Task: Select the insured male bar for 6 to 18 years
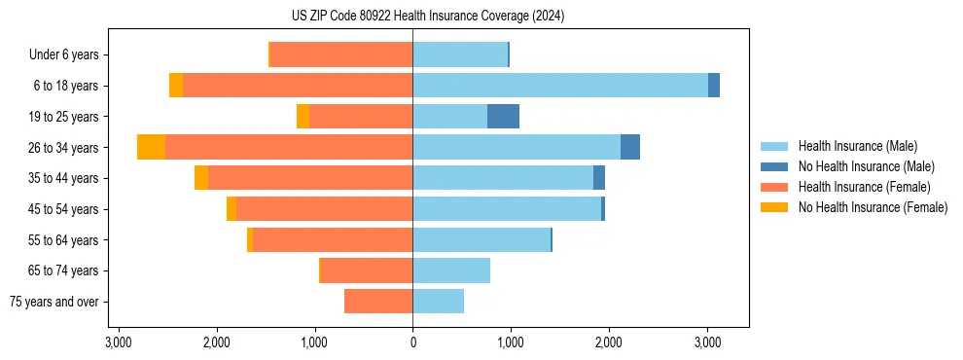[560, 86]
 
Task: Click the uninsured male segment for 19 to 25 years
[503, 117]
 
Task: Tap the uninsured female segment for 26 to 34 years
[151, 147]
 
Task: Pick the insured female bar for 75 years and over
[378, 302]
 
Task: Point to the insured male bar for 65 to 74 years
[451, 270]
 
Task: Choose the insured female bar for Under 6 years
[341, 54]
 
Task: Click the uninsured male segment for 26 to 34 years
[630, 147]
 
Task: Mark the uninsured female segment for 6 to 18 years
[176, 86]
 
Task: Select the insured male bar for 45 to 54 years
[507, 209]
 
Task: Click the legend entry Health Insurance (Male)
[857, 146]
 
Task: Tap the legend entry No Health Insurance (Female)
[873, 207]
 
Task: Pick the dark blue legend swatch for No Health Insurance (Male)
[775, 166]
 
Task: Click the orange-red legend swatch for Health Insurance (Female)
[775, 187]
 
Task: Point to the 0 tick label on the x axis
[412, 343]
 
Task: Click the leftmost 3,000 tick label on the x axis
[118, 343]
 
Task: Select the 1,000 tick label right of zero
[511, 343]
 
